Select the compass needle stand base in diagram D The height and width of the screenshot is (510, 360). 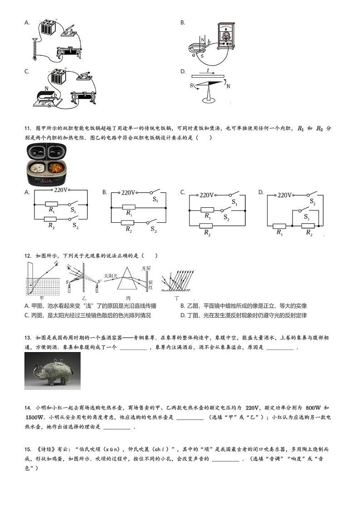[209, 101]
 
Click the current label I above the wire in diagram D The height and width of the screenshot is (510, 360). [208, 71]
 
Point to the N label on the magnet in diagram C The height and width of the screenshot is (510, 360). [46, 89]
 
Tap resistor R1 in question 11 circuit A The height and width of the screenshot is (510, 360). [52, 204]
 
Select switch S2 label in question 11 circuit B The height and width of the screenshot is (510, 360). [154, 231]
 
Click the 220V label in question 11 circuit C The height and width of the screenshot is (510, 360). [206, 195]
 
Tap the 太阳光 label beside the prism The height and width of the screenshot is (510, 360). [111, 275]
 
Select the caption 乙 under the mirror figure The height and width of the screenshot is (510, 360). [83, 298]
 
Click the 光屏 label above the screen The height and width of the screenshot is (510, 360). [146, 268]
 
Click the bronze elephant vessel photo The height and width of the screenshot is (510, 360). [53, 371]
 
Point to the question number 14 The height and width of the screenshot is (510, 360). [28, 407]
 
